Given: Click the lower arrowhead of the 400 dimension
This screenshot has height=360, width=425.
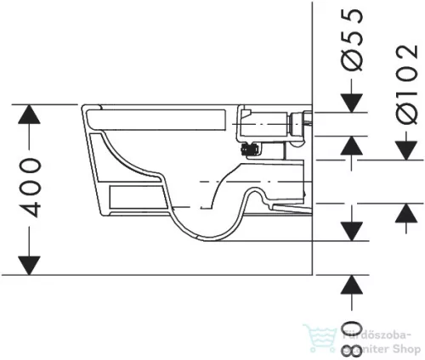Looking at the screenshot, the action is pyautogui.click(x=31, y=262).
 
